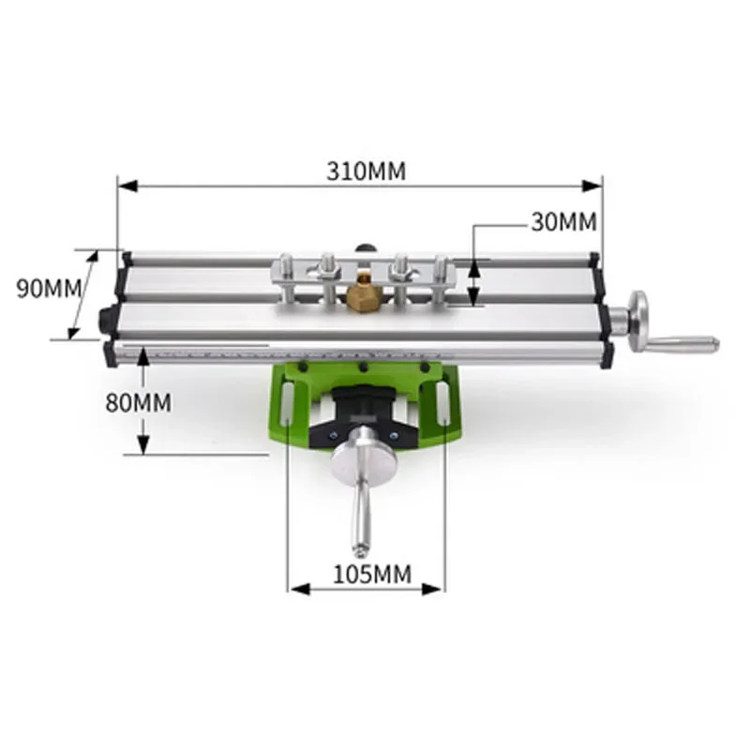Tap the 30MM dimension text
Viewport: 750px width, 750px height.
563,222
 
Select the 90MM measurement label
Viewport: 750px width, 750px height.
50,289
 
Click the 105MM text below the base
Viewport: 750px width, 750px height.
372,574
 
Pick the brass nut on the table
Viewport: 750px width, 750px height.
364,296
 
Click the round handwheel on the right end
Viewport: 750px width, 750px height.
639,320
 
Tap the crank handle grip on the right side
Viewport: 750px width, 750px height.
682,344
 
